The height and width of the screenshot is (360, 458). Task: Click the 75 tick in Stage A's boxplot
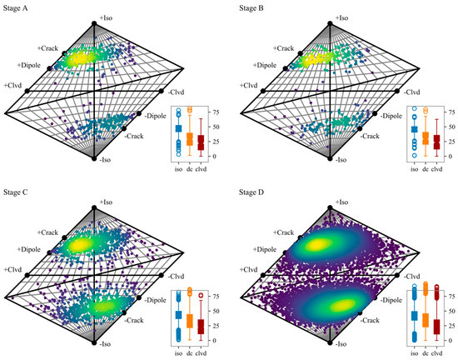click(215, 111)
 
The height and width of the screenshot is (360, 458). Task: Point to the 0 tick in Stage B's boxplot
click(445, 156)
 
